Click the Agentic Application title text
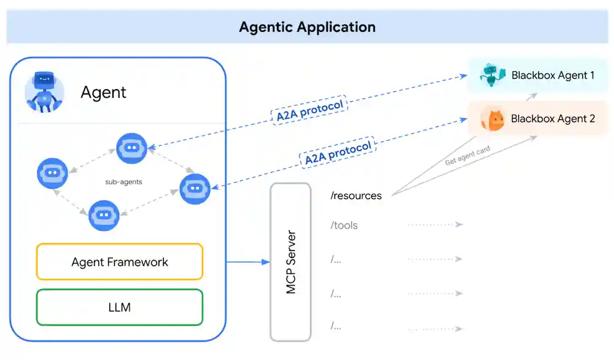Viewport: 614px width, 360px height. [x=307, y=27]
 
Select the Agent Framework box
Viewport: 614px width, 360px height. [x=120, y=262]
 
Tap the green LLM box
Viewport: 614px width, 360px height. [x=120, y=307]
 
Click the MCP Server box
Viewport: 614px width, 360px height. [x=290, y=262]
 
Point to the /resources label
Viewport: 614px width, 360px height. [x=356, y=196]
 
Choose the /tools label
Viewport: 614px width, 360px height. [x=344, y=225]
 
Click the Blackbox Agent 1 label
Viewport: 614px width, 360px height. [x=553, y=76]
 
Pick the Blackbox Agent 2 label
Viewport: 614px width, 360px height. [x=553, y=119]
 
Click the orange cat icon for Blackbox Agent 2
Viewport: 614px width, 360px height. [x=492, y=119]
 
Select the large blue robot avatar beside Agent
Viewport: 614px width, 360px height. [x=44, y=92]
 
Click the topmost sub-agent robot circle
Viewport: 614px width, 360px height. [x=132, y=148]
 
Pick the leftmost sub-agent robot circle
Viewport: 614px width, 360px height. [x=52, y=173]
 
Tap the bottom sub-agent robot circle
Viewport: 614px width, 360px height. [x=104, y=215]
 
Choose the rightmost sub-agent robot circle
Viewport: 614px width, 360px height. [x=195, y=189]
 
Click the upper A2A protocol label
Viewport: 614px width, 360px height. [x=309, y=110]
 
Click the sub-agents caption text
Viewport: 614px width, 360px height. [x=123, y=182]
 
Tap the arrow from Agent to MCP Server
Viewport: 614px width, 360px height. [x=248, y=262]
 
